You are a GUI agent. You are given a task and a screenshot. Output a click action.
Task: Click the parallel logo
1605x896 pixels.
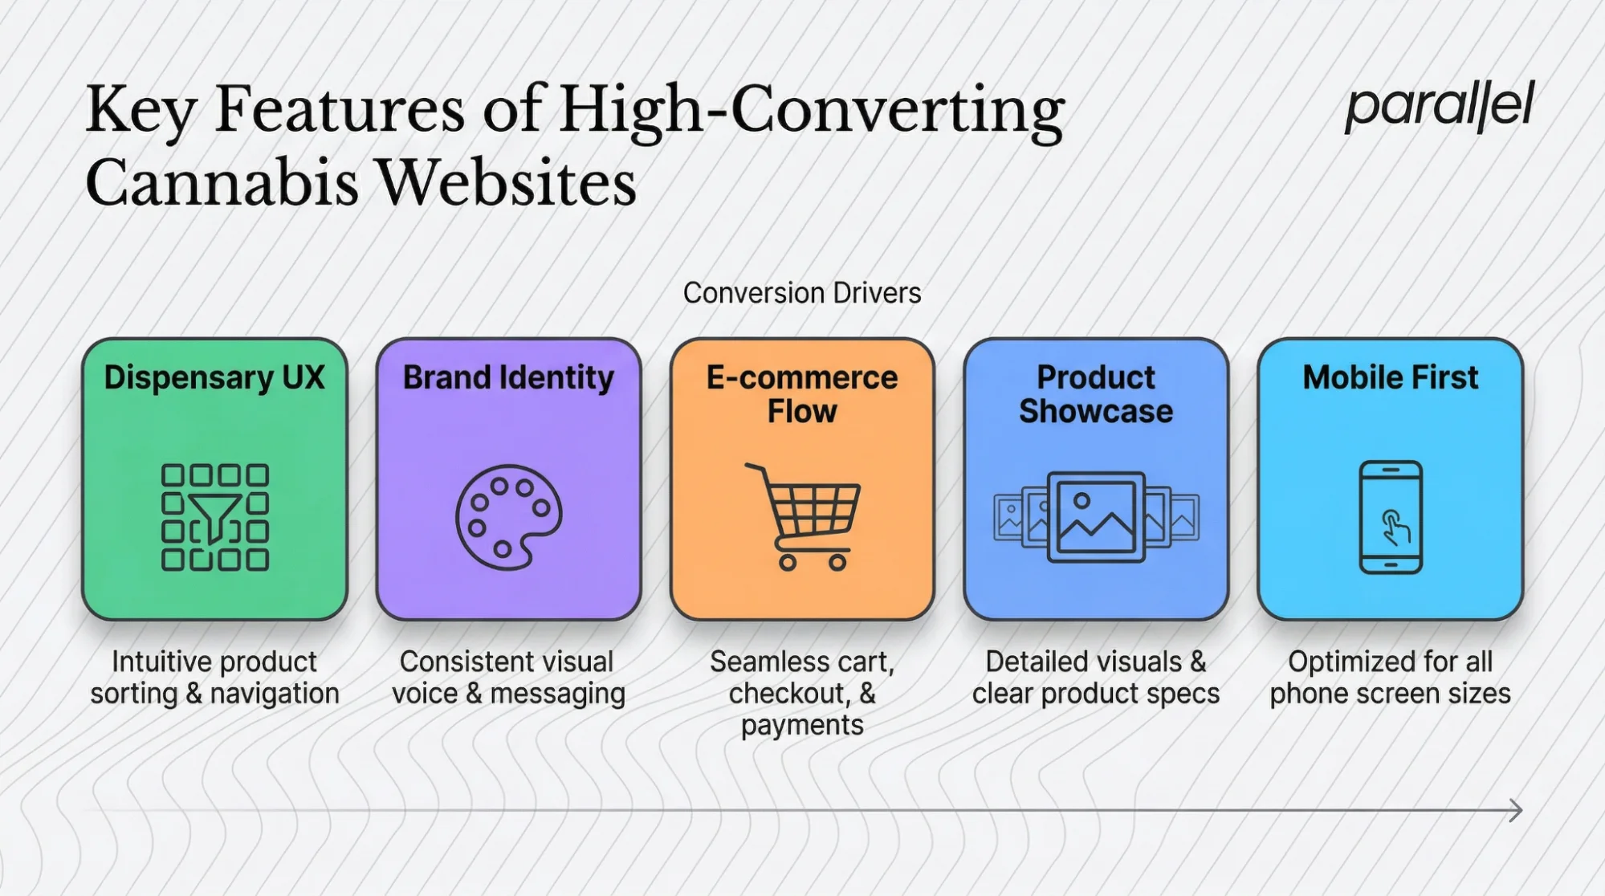click(1439, 106)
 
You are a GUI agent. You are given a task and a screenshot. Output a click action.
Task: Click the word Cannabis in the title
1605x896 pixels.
click(222, 182)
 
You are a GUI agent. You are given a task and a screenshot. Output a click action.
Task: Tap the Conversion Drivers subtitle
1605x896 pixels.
click(801, 293)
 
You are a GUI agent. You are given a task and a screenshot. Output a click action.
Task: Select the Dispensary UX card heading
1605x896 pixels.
click(214, 377)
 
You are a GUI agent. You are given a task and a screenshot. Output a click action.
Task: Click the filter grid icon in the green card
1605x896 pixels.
click(214, 517)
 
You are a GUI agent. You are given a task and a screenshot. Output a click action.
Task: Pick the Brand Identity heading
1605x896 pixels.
click(508, 377)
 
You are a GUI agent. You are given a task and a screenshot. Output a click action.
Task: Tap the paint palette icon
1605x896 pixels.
click(508, 517)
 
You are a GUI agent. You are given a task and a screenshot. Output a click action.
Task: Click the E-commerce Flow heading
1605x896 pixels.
click(801, 393)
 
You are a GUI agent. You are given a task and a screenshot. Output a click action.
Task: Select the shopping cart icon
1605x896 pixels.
click(805, 515)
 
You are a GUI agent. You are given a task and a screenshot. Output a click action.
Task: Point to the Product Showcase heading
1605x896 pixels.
click(1096, 393)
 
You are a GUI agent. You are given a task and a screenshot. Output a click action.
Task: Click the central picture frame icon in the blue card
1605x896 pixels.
click(1096, 517)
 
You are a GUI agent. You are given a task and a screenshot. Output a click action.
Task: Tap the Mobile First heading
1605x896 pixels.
click(1390, 377)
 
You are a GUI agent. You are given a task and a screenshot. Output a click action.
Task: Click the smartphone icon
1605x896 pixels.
click(1391, 517)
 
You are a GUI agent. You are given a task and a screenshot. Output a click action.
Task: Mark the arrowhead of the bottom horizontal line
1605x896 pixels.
click(1516, 810)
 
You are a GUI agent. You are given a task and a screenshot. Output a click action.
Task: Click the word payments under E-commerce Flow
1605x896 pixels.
click(801, 725)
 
